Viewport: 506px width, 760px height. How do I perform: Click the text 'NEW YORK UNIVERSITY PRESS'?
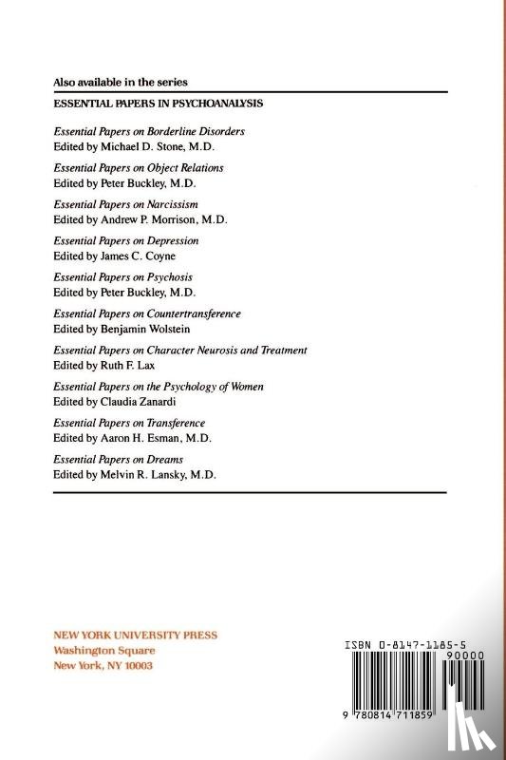point(135,636)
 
